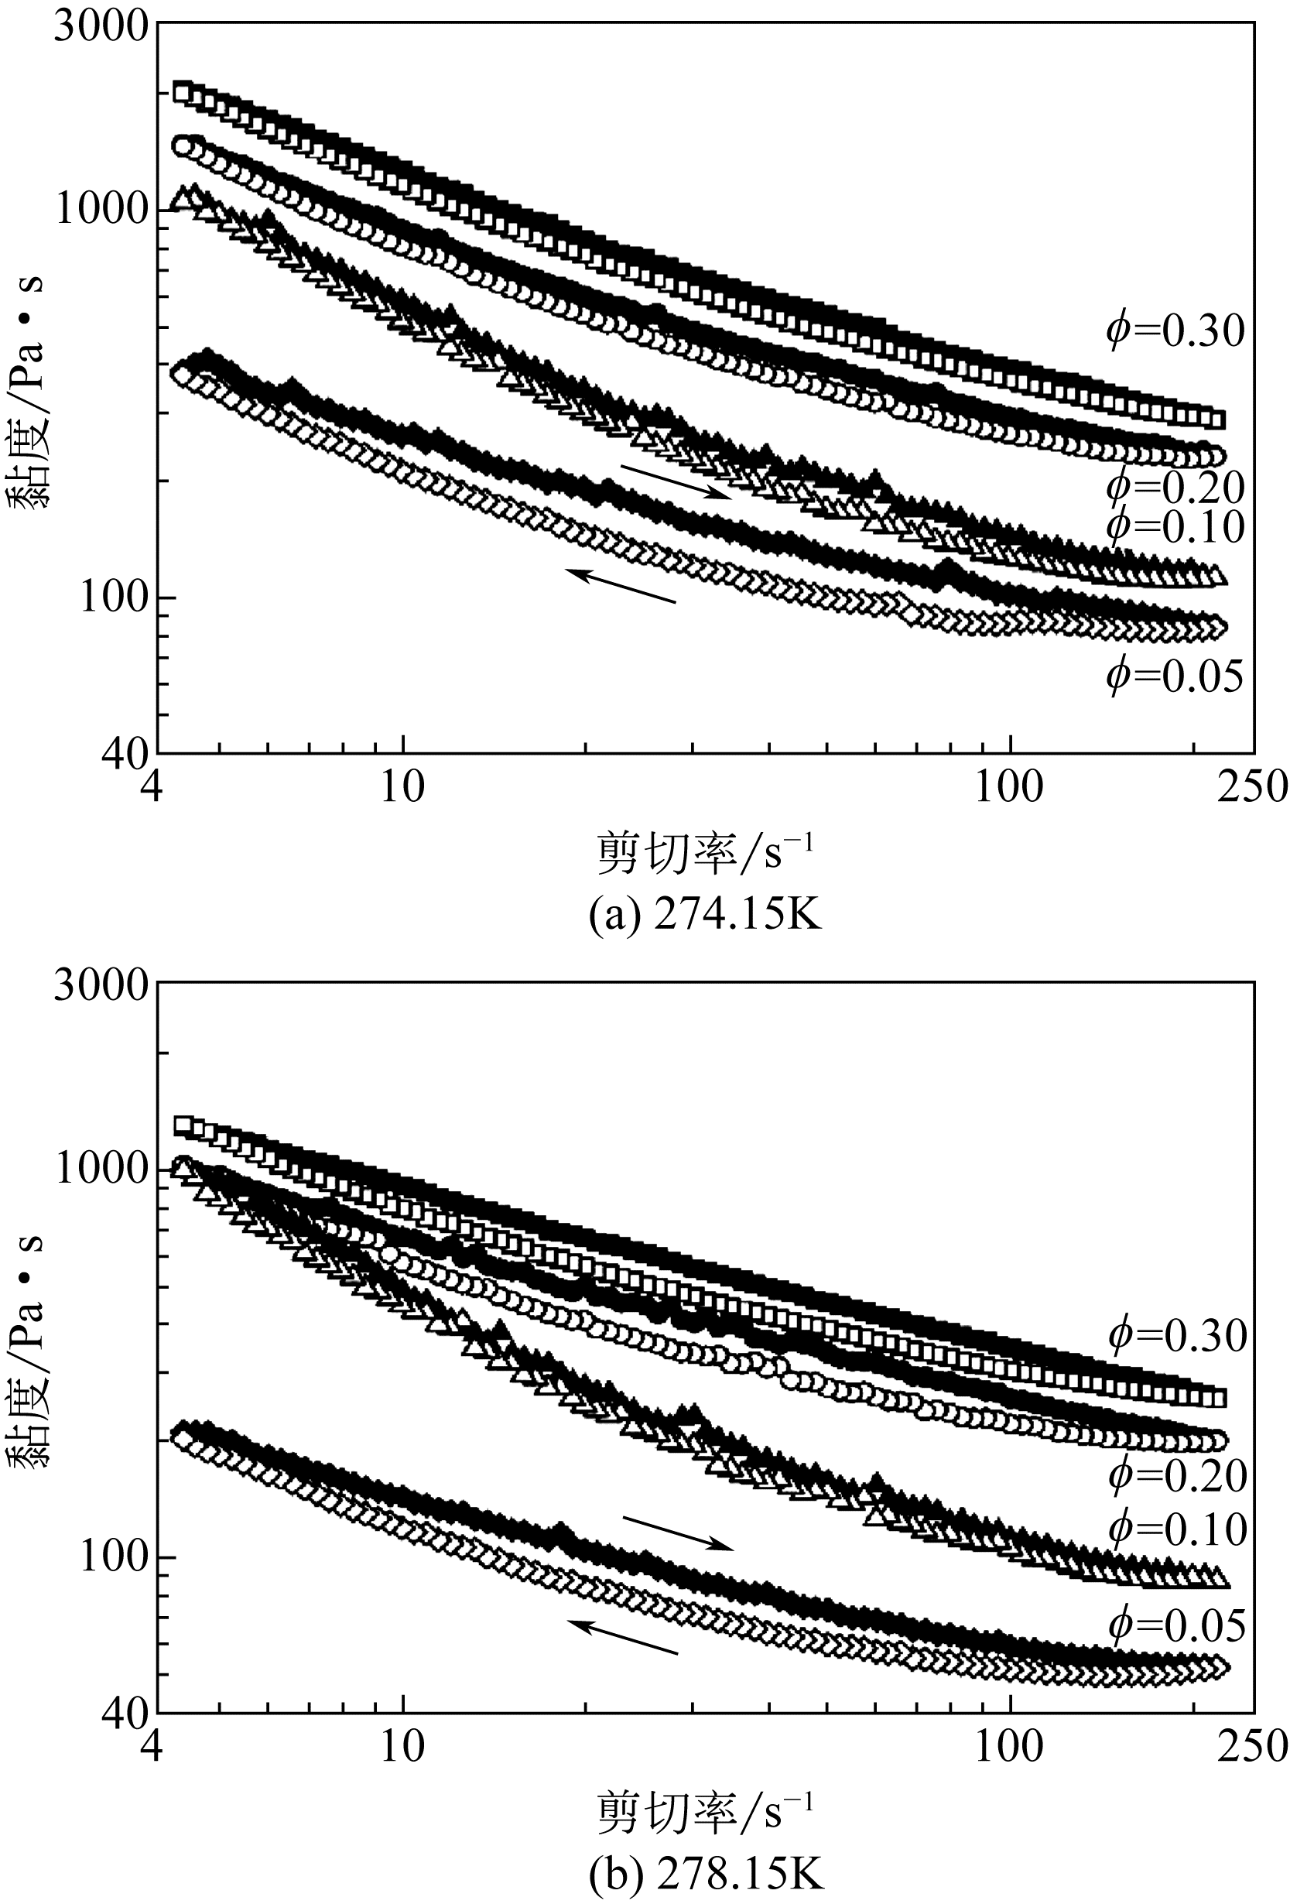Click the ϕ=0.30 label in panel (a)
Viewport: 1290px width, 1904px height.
click(1175, 332)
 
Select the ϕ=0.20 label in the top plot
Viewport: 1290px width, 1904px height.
click(1175, 488)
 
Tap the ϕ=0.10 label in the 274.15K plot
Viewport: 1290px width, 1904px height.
click(1175, 528)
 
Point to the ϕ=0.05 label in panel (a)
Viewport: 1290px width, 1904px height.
click(1175, 676)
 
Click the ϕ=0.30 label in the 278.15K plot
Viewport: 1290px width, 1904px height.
click(1177, 1335)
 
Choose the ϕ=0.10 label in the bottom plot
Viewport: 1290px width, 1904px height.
click(1177, 1529)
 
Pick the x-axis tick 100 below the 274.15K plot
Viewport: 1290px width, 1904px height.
click(1010, 787)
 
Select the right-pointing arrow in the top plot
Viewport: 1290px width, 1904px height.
click(675, 481)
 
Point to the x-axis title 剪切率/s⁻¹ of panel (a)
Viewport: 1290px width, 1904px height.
click(705, 854)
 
